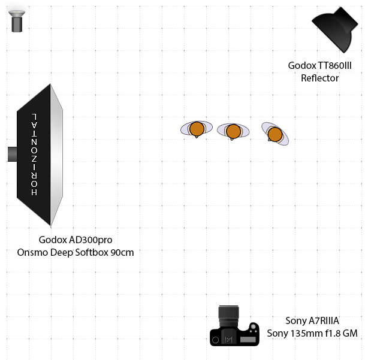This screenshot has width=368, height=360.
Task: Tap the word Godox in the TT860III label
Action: point(302,66)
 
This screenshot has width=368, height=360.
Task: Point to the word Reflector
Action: point(319,78)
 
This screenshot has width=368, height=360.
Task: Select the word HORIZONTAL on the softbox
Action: point(34,154)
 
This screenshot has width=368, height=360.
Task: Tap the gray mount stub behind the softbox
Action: point(12,154)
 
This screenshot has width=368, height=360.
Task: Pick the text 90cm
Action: point(122,252)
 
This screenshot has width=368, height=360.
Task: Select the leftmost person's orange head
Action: point(196,129)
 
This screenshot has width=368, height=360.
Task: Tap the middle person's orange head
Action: point(233,131)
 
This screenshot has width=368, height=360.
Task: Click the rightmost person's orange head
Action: point(275,134)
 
